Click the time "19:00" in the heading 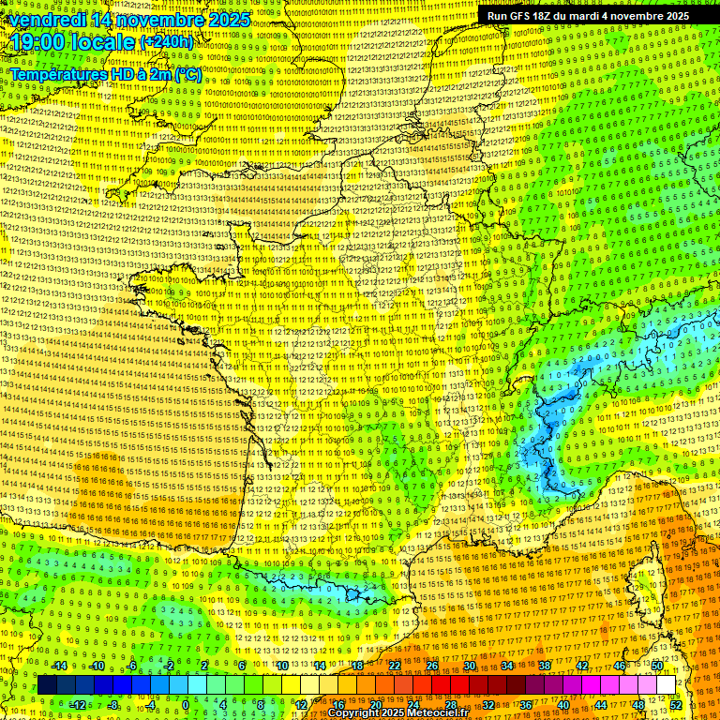38,43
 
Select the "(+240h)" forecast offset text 167,42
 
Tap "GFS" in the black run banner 522,16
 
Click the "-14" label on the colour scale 59,666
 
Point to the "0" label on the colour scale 186,705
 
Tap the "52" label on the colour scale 676,705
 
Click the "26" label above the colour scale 432,666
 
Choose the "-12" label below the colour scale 78,705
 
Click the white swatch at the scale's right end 666,685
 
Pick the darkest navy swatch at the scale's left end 47,685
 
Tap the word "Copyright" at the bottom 356,713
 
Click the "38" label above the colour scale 544,666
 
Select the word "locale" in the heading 104,43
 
